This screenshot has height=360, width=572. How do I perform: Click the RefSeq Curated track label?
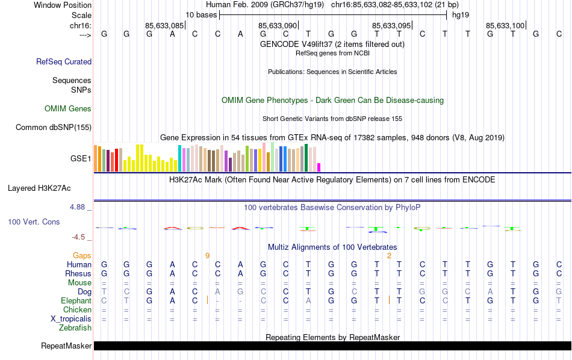[x=64, y=61]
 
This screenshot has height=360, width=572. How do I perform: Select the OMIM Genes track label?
[x=68, y=109]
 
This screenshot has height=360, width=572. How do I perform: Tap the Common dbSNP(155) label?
[x=54, y=127]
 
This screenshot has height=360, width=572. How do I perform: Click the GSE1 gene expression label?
[x=81, y=159]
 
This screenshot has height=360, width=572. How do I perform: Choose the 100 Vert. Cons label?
[x=34, y=222]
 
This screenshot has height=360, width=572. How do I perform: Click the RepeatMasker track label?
[x=66, y=346]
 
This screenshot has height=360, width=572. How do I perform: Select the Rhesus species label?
[x=78, y=274]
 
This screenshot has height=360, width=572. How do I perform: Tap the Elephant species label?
[x=76, y=301]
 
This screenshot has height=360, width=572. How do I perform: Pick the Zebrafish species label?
[x=75, y=328]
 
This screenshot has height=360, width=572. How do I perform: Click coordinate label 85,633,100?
[x=505, y=26]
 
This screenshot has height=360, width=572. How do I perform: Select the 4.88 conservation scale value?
[x=78, y=207]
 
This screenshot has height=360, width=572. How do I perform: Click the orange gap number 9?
[x=207, y=256]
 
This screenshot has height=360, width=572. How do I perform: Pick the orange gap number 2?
[x=389, y=256]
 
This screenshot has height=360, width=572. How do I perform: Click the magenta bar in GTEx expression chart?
[x=319, y=167]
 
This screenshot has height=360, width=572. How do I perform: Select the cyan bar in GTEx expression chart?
[x=179, y=158]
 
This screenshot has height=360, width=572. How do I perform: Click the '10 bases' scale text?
[x=201, y=14]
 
